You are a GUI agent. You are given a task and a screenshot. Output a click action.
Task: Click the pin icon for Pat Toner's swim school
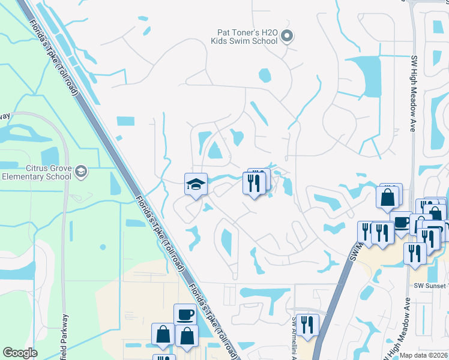tap(287, 37)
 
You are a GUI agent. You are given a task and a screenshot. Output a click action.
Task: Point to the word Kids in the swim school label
tap(221, 41)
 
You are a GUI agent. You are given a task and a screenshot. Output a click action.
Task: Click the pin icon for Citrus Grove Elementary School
tap(81, 172)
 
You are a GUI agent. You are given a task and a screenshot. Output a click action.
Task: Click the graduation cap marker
tap(196, 184)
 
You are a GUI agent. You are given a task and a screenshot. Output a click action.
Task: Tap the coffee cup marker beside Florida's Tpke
tap(185, 314)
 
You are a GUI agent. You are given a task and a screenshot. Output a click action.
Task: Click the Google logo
tap(20, 353)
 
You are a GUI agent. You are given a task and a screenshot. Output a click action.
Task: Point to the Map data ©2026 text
tap(424, 355)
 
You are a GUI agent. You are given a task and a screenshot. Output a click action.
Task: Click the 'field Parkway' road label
tap(65, 336)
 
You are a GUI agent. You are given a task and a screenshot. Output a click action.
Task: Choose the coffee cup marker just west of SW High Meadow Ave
tap(401, 221)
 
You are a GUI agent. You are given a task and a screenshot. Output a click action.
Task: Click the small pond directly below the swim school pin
tap(264, 76)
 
